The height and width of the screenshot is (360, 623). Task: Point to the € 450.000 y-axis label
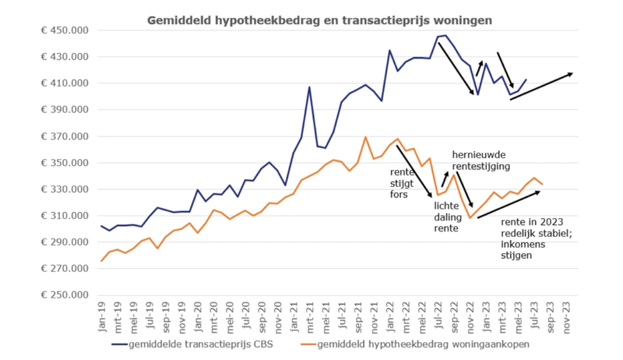pos(65,30)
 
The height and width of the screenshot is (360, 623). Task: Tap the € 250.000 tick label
pos(65,295)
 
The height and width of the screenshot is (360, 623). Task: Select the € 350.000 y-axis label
pos(65,163)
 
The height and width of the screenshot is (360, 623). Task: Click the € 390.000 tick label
pos(65,110)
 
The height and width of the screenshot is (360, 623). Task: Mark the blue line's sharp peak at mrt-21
pos(309,86)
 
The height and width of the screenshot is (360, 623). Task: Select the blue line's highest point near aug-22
pos(445,35)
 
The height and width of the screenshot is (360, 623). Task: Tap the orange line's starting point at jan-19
pos(102,261)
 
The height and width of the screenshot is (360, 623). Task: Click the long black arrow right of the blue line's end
pos(540,86)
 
